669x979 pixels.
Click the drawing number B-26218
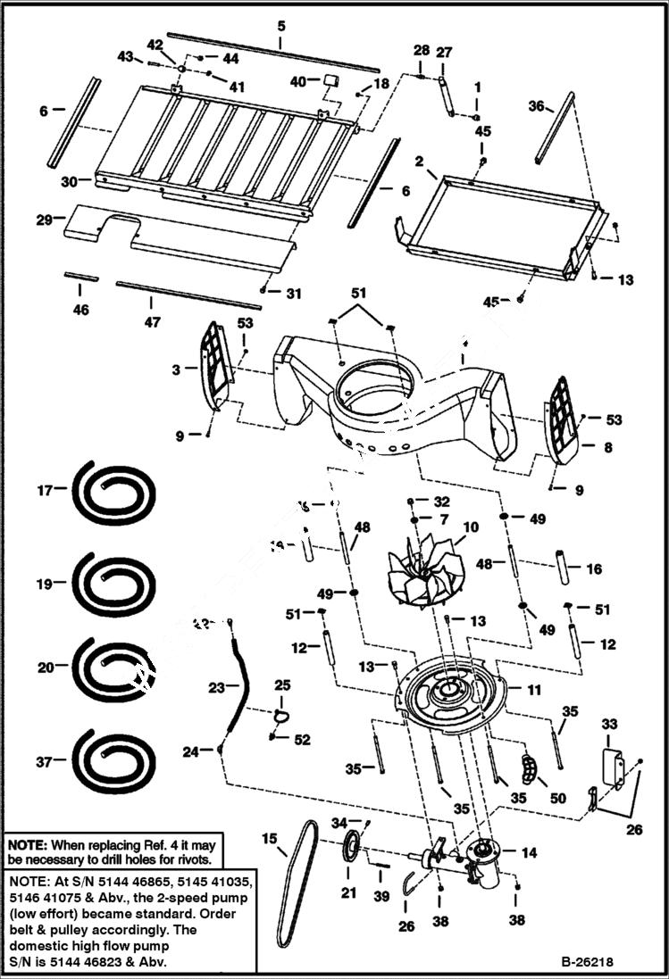click(x=588, y=962)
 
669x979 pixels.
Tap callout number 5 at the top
click(x=280, y=26)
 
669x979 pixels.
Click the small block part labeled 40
click(x=329, y=81)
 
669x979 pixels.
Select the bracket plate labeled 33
click(x=613, y=767)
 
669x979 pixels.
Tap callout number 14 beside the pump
click(x=530, y=853)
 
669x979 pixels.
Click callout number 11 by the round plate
click(x=534, y=690)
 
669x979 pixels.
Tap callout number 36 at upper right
click(x=536, y=105)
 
